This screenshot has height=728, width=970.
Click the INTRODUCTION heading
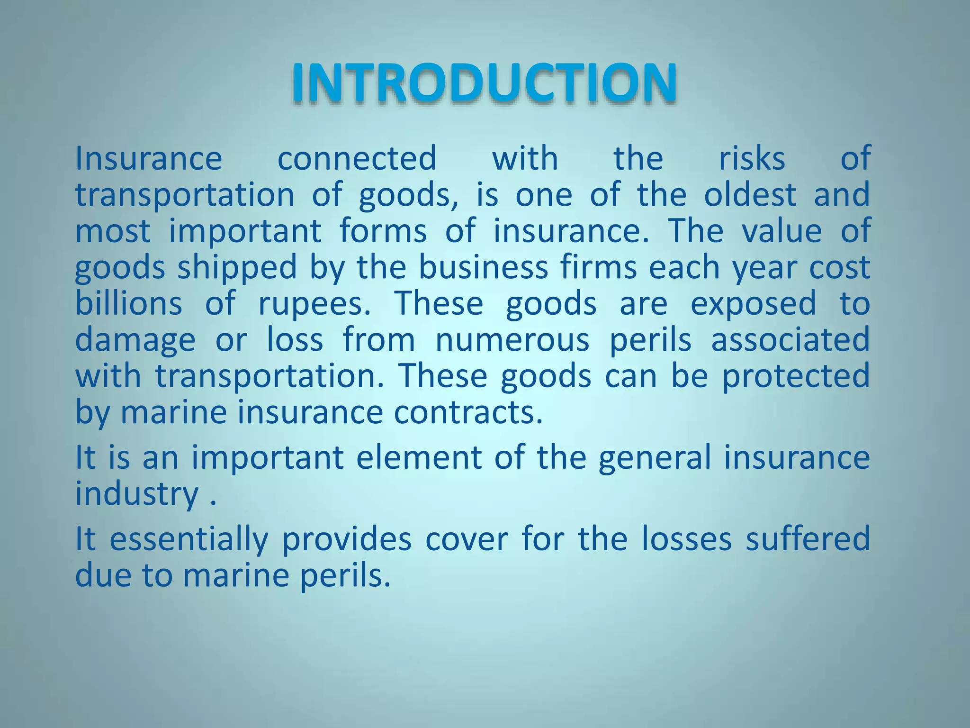(484, 83)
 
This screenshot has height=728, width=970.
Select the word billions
(128, 303)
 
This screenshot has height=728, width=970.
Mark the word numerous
(512, 340)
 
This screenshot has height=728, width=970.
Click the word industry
(137, 495)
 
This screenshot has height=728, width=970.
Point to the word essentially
(189, 540)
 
